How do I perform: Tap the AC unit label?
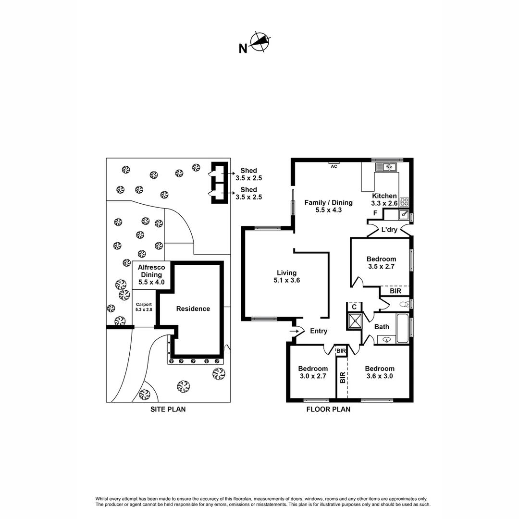pyautogui.click(x=334, y=166)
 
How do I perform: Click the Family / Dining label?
pyautogui.click(x=328, y=206)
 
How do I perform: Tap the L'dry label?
pyautogui.click(x=389, y=230)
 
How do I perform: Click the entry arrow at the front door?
pyautogui.click(x=294, y=331)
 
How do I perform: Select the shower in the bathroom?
pyautogui.click(x=355, y=321)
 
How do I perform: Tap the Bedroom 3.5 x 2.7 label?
pyautogui.click(x=381, y=262)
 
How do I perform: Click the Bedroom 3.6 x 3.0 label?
pyautogui.click(x=379, y=372)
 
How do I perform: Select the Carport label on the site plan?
pyautogui.click(x=144, y=307)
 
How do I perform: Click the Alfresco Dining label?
pyautogui.click(x=151, y=274)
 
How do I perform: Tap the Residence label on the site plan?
pyautogui.click(x=193, y=309)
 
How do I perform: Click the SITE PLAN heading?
pyautogui.click(x=168, y=409)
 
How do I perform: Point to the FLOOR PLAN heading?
pyautogui.click(x=328, y=409)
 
